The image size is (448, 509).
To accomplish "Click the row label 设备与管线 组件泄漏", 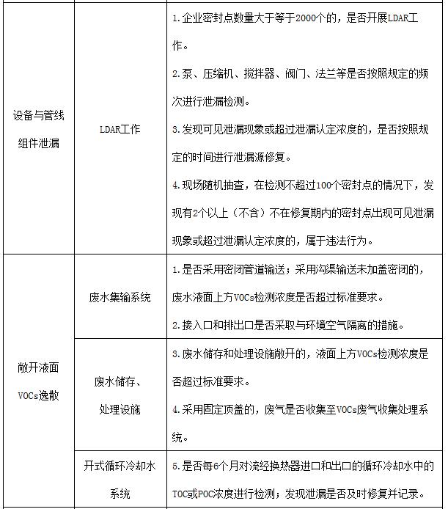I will pos(38,129).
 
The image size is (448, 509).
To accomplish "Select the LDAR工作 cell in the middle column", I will pos(120,129).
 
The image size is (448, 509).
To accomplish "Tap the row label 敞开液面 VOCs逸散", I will pos(38,381).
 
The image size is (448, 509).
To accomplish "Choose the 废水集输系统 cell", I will pos(120,297).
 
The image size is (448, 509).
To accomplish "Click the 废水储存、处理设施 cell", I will pos(120,395).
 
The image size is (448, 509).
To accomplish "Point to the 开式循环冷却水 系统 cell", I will pos(120,479).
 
